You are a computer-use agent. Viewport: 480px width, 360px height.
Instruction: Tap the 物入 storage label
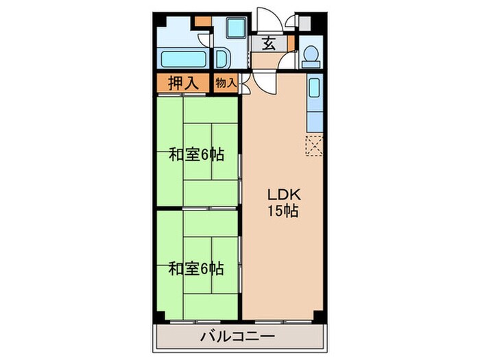pos(226,82)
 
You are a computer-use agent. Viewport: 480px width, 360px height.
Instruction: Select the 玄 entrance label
pos(269,45)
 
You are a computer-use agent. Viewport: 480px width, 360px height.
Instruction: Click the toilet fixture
pos(310,55)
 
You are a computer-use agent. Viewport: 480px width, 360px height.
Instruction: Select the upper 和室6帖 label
pos(197,155)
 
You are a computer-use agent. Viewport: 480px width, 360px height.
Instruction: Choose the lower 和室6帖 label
pos(197,268)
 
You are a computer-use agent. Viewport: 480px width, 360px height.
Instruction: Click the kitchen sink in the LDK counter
pos(315,89)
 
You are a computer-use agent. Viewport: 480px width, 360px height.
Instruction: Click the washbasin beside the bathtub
pos(223,58)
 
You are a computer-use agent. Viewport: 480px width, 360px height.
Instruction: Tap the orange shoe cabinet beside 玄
pos(290,46)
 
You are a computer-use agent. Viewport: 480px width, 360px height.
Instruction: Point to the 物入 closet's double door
pos(244,84)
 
